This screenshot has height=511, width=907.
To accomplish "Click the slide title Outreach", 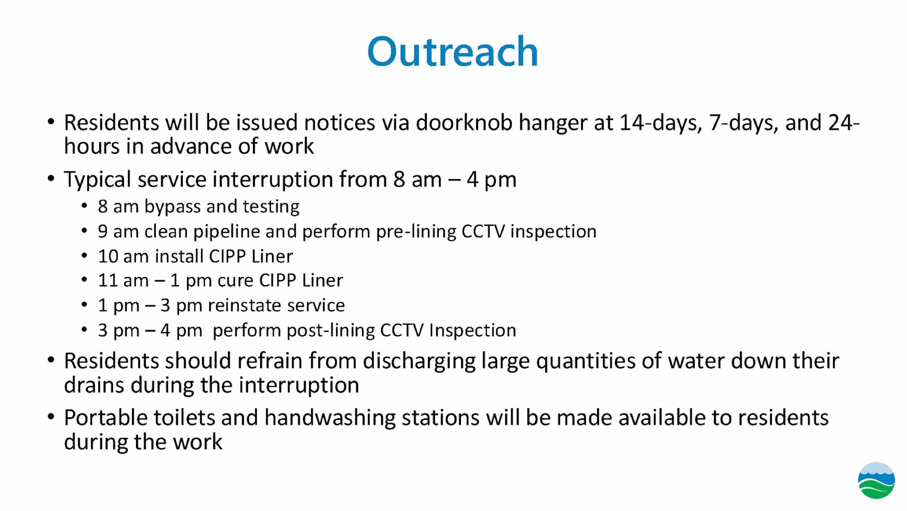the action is tap(453, 52).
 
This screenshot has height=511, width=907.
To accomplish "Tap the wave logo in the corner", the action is tap(876, 480).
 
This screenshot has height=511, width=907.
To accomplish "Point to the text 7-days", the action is tap(744, 123).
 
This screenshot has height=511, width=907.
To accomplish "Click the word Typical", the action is tap(97, 180).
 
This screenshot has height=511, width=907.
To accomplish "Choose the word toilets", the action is tap(184, 417).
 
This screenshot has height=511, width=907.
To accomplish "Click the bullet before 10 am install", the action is tap(85, 256).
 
